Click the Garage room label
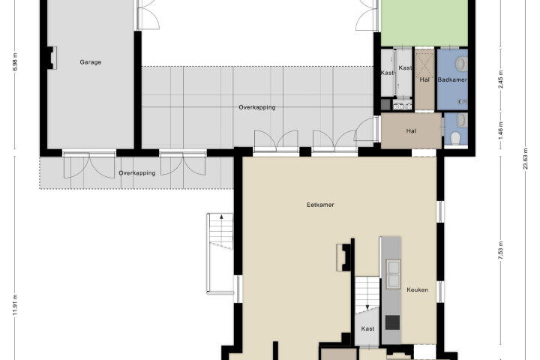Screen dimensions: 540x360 point(91,62)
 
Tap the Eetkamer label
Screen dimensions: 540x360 point(320,205)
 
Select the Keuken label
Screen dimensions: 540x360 point(418,289)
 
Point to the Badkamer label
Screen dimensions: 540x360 point(452,79)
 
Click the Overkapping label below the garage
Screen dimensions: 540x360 point(137,173)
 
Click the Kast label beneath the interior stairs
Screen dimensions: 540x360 point(367,329)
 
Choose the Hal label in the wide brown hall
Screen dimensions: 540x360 point(411,131)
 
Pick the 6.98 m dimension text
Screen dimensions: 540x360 point(15,62)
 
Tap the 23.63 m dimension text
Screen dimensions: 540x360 point(525,159)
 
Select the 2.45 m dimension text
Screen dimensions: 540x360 point(501,79)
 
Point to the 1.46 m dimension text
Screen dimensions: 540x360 point(501,128)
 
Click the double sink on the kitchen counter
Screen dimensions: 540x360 point(393,274)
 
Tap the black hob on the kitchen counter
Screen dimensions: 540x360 point(392,322)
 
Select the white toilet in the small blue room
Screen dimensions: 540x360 point(455,139)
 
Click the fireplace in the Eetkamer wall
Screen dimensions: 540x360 point(343,257)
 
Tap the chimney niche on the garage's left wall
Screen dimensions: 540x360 point(52,58)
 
